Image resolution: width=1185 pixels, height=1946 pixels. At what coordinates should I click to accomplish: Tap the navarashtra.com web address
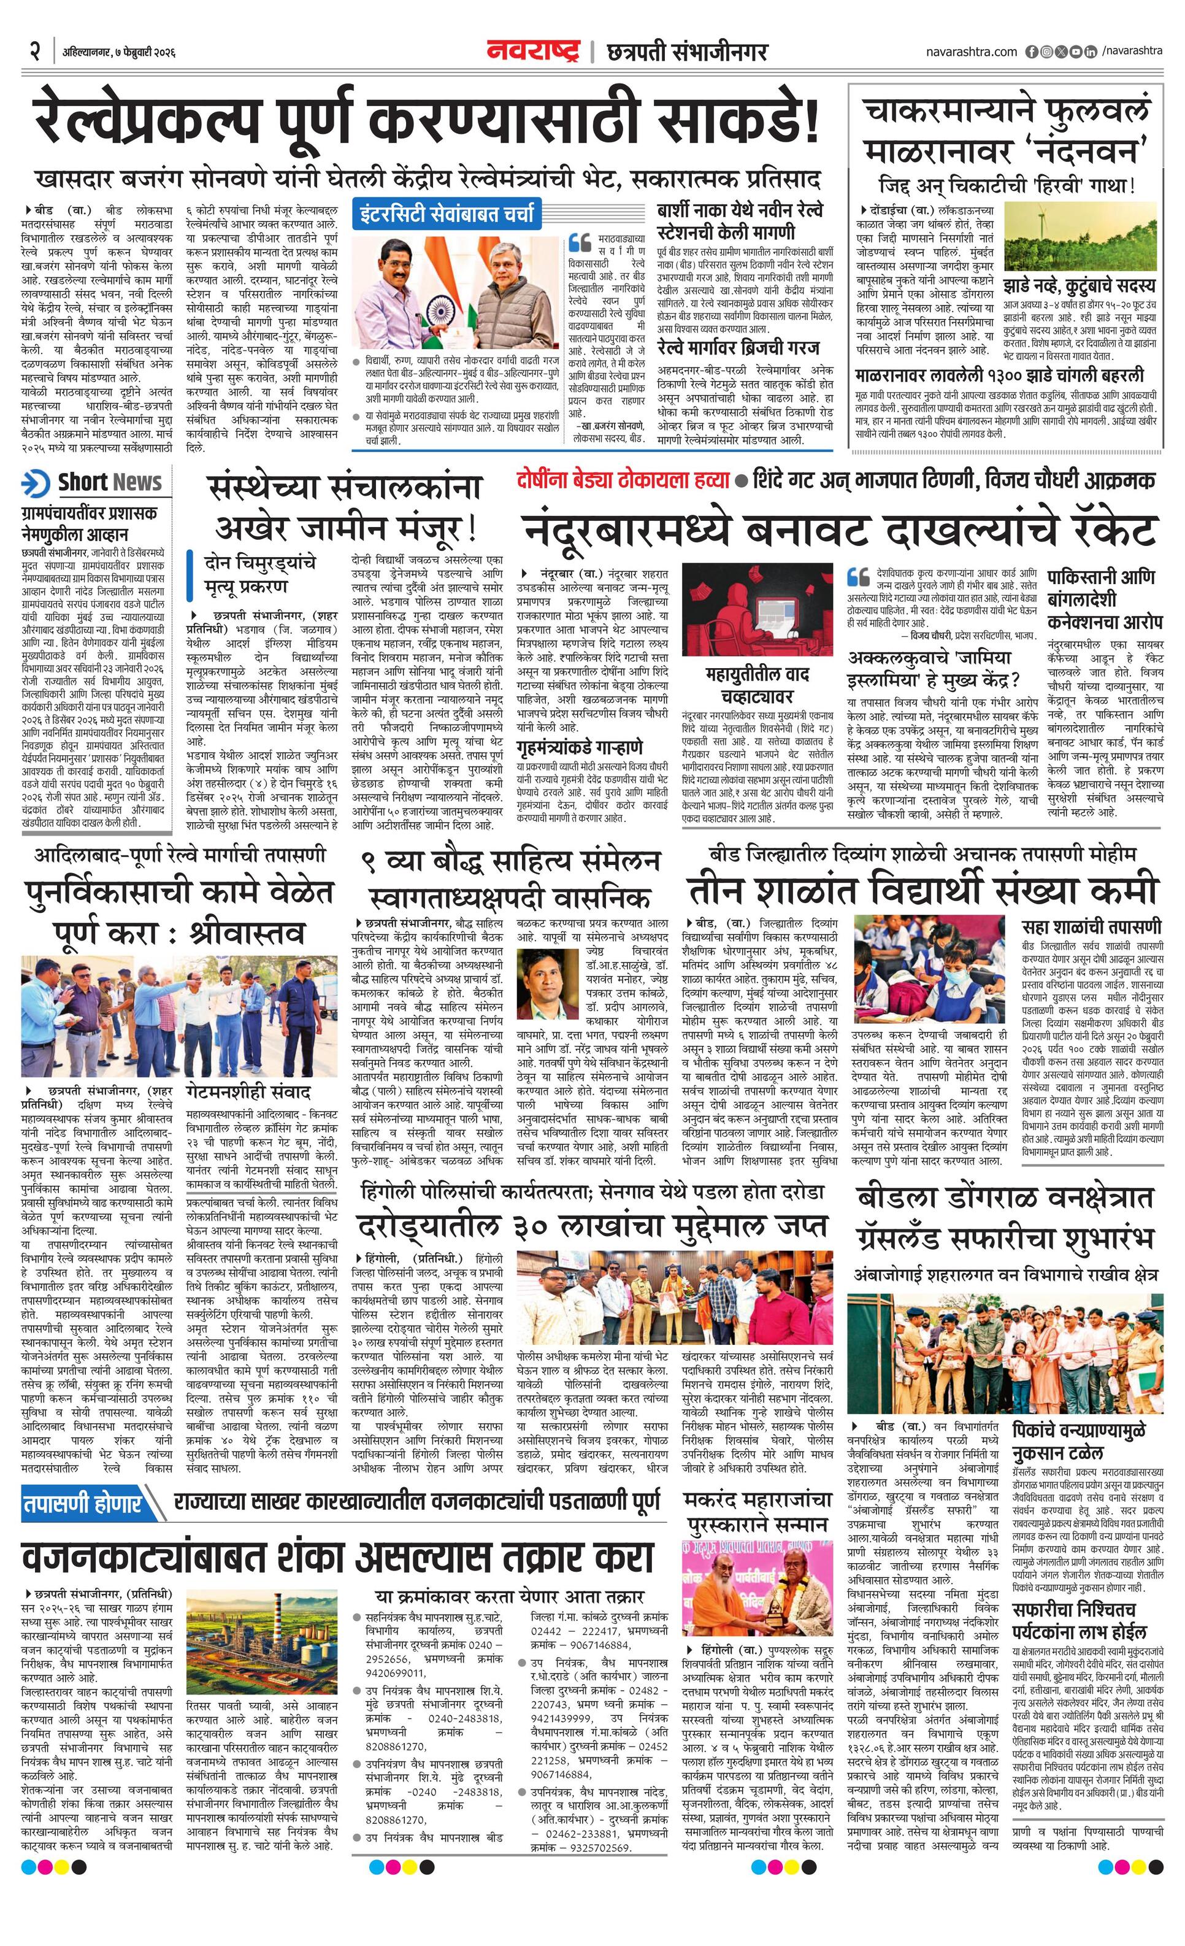coord(971,52)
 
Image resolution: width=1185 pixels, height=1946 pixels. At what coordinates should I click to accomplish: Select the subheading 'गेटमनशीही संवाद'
coord(248,1091)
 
